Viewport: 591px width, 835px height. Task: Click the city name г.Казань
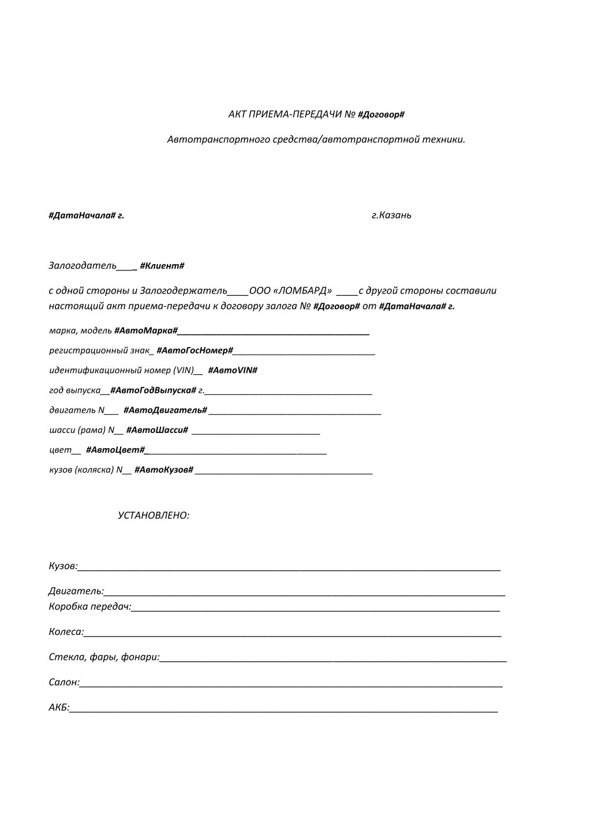click(391, 215)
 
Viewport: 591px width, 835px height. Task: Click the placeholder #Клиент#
click(162, 266)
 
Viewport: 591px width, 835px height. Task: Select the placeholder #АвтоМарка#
click(145, 330)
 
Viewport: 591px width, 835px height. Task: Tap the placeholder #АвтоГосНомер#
click(194, 351)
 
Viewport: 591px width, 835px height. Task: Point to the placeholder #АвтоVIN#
click(232, 370)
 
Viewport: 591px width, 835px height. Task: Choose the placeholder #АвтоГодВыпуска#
click(153, 390)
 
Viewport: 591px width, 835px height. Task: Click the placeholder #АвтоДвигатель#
click(165, 410)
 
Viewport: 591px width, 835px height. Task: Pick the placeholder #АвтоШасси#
click(157, 430)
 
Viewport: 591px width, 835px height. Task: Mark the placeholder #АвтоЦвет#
click(115, 450)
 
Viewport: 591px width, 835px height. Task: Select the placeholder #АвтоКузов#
click(163, 470)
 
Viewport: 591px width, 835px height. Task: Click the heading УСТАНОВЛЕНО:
click(154, 516)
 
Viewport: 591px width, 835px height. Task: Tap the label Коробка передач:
click(90, 607)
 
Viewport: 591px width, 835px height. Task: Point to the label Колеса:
click(66, 632)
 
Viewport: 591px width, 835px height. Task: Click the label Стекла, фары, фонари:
click(104, 657)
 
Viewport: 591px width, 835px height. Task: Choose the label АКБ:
click(59, 708)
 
